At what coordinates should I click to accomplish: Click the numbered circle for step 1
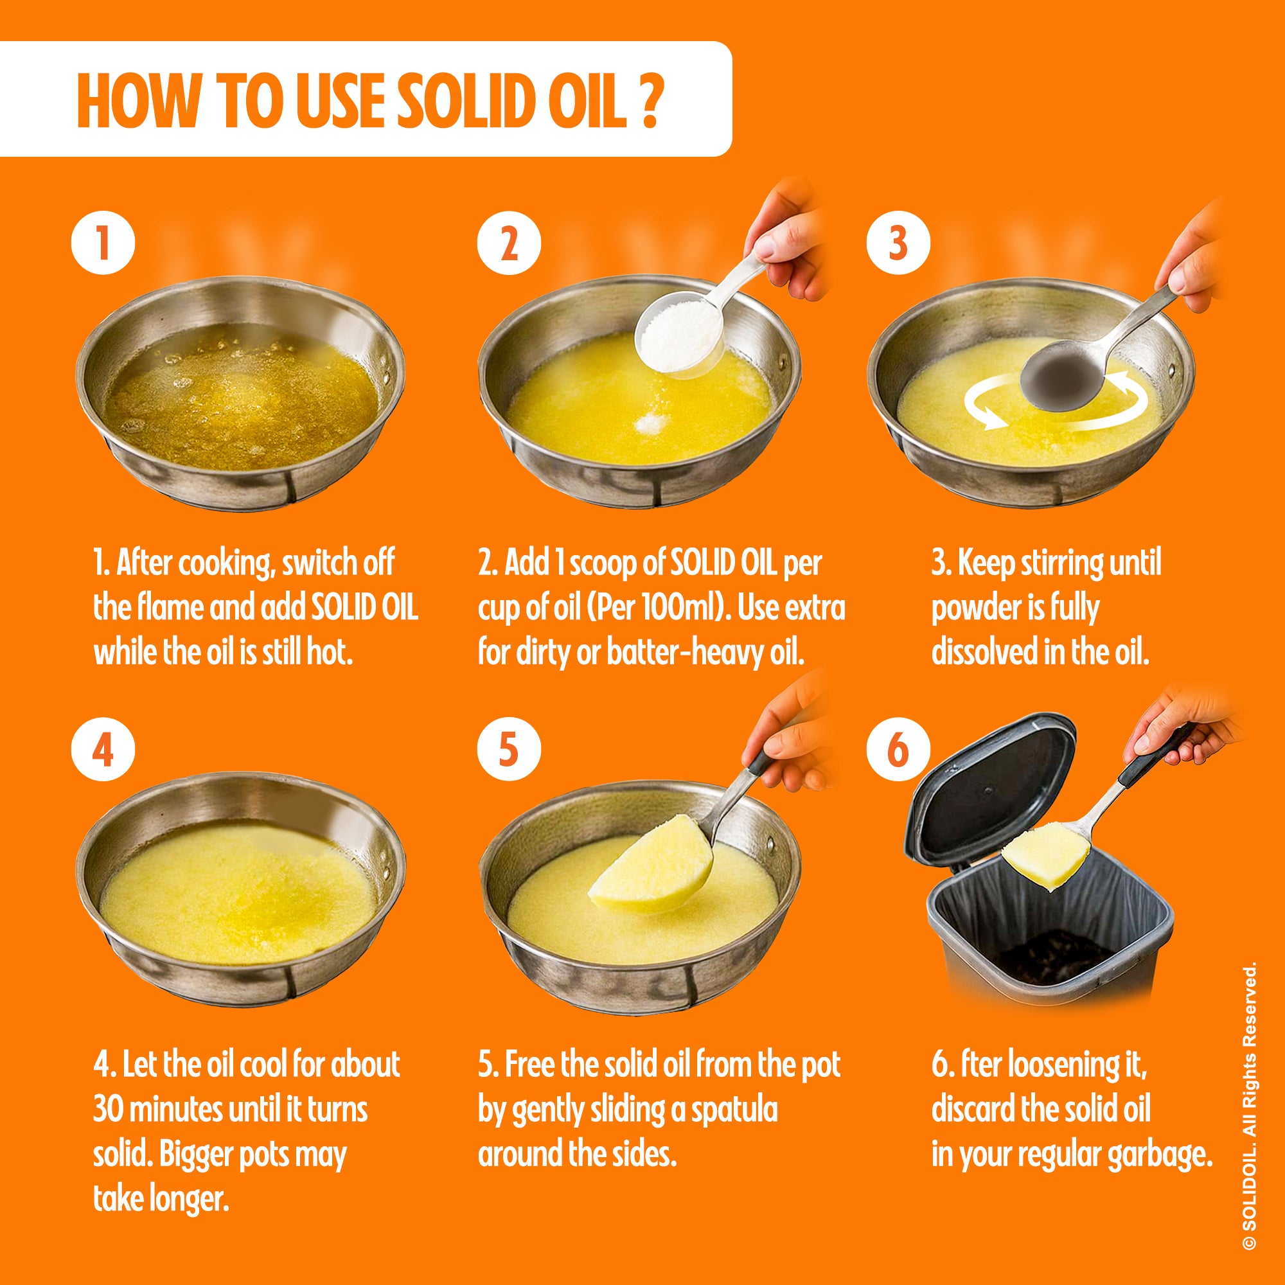pyautogui.click(x=102, y=244)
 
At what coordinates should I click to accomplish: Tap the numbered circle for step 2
pyautogui.click(x=508, y=244)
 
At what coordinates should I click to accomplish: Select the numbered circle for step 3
pyautogui.click(x=898, y=244)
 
